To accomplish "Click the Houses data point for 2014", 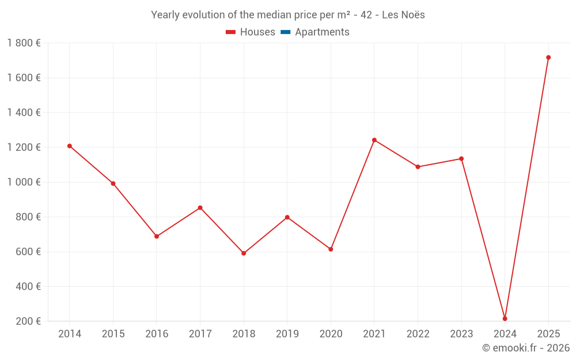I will tap(70, 146).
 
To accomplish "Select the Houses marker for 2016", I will tap(157, 236).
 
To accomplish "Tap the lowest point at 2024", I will tap(505, 319).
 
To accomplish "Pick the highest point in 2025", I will tap(548, 58).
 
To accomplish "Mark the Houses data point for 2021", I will tap(374, 140).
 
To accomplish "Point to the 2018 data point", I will tap(244, 253).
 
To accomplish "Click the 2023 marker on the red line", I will tap(461, 158).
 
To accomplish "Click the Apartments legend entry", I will tap(322, 32).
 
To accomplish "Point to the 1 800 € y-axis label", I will tap(24, 43).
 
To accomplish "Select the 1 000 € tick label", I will tap(24, 182).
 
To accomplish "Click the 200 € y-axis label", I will tap(27, 321).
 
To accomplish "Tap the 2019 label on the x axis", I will tap(287, 334).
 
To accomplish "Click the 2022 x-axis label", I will tap(418, 334).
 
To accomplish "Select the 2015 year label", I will tap(113, 334).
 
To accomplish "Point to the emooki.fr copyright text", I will tap(525, 348).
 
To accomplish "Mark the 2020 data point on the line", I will tap(331, 249).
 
